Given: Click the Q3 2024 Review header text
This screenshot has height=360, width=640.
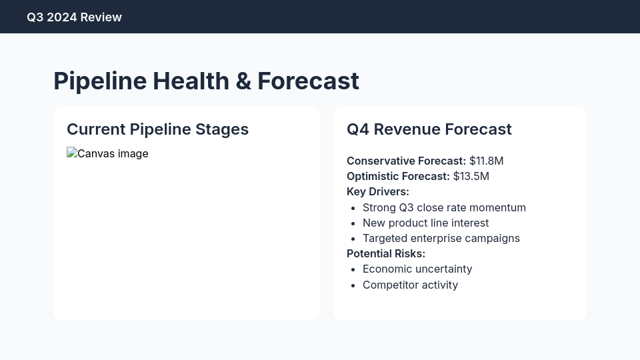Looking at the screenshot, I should (x=74, y=17).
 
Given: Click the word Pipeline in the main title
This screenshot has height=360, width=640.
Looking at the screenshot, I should (x=100, y=81).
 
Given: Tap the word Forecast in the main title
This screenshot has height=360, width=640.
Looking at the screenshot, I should (x=308, y=81).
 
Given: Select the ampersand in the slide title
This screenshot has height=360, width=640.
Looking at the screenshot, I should (x=243, y=81).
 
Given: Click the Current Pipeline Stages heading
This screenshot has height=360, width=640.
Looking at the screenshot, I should (x=157, y=129).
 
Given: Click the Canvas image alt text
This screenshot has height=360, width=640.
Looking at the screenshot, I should (x=113, y=154).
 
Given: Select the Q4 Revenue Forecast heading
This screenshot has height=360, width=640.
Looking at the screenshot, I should (x=429, y=129).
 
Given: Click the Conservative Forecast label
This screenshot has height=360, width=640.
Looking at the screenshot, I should (x=406, y=161).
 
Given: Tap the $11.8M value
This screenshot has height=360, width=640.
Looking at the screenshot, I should (x=486, y=161).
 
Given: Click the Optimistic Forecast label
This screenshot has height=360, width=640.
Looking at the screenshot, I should (x=398, y=176).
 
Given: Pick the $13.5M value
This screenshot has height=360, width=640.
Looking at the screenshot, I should (x=471, y=176).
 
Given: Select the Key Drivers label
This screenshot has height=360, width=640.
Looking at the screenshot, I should (x=377, y=191).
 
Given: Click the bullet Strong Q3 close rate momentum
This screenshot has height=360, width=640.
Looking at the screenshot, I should (x=444, y=207).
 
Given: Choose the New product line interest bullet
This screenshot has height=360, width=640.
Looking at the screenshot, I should (x=425, y=223).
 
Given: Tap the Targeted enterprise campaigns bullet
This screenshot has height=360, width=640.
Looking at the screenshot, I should (x=441, y=238).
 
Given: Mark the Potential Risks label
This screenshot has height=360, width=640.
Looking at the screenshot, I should (x=385, y=253).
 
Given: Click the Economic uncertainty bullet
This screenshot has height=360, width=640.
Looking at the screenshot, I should (x=417, y=269).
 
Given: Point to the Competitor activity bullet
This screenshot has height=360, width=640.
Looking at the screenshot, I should (x=410, y=285).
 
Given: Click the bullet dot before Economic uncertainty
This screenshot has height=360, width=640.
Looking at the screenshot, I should (x=352, y=269).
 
